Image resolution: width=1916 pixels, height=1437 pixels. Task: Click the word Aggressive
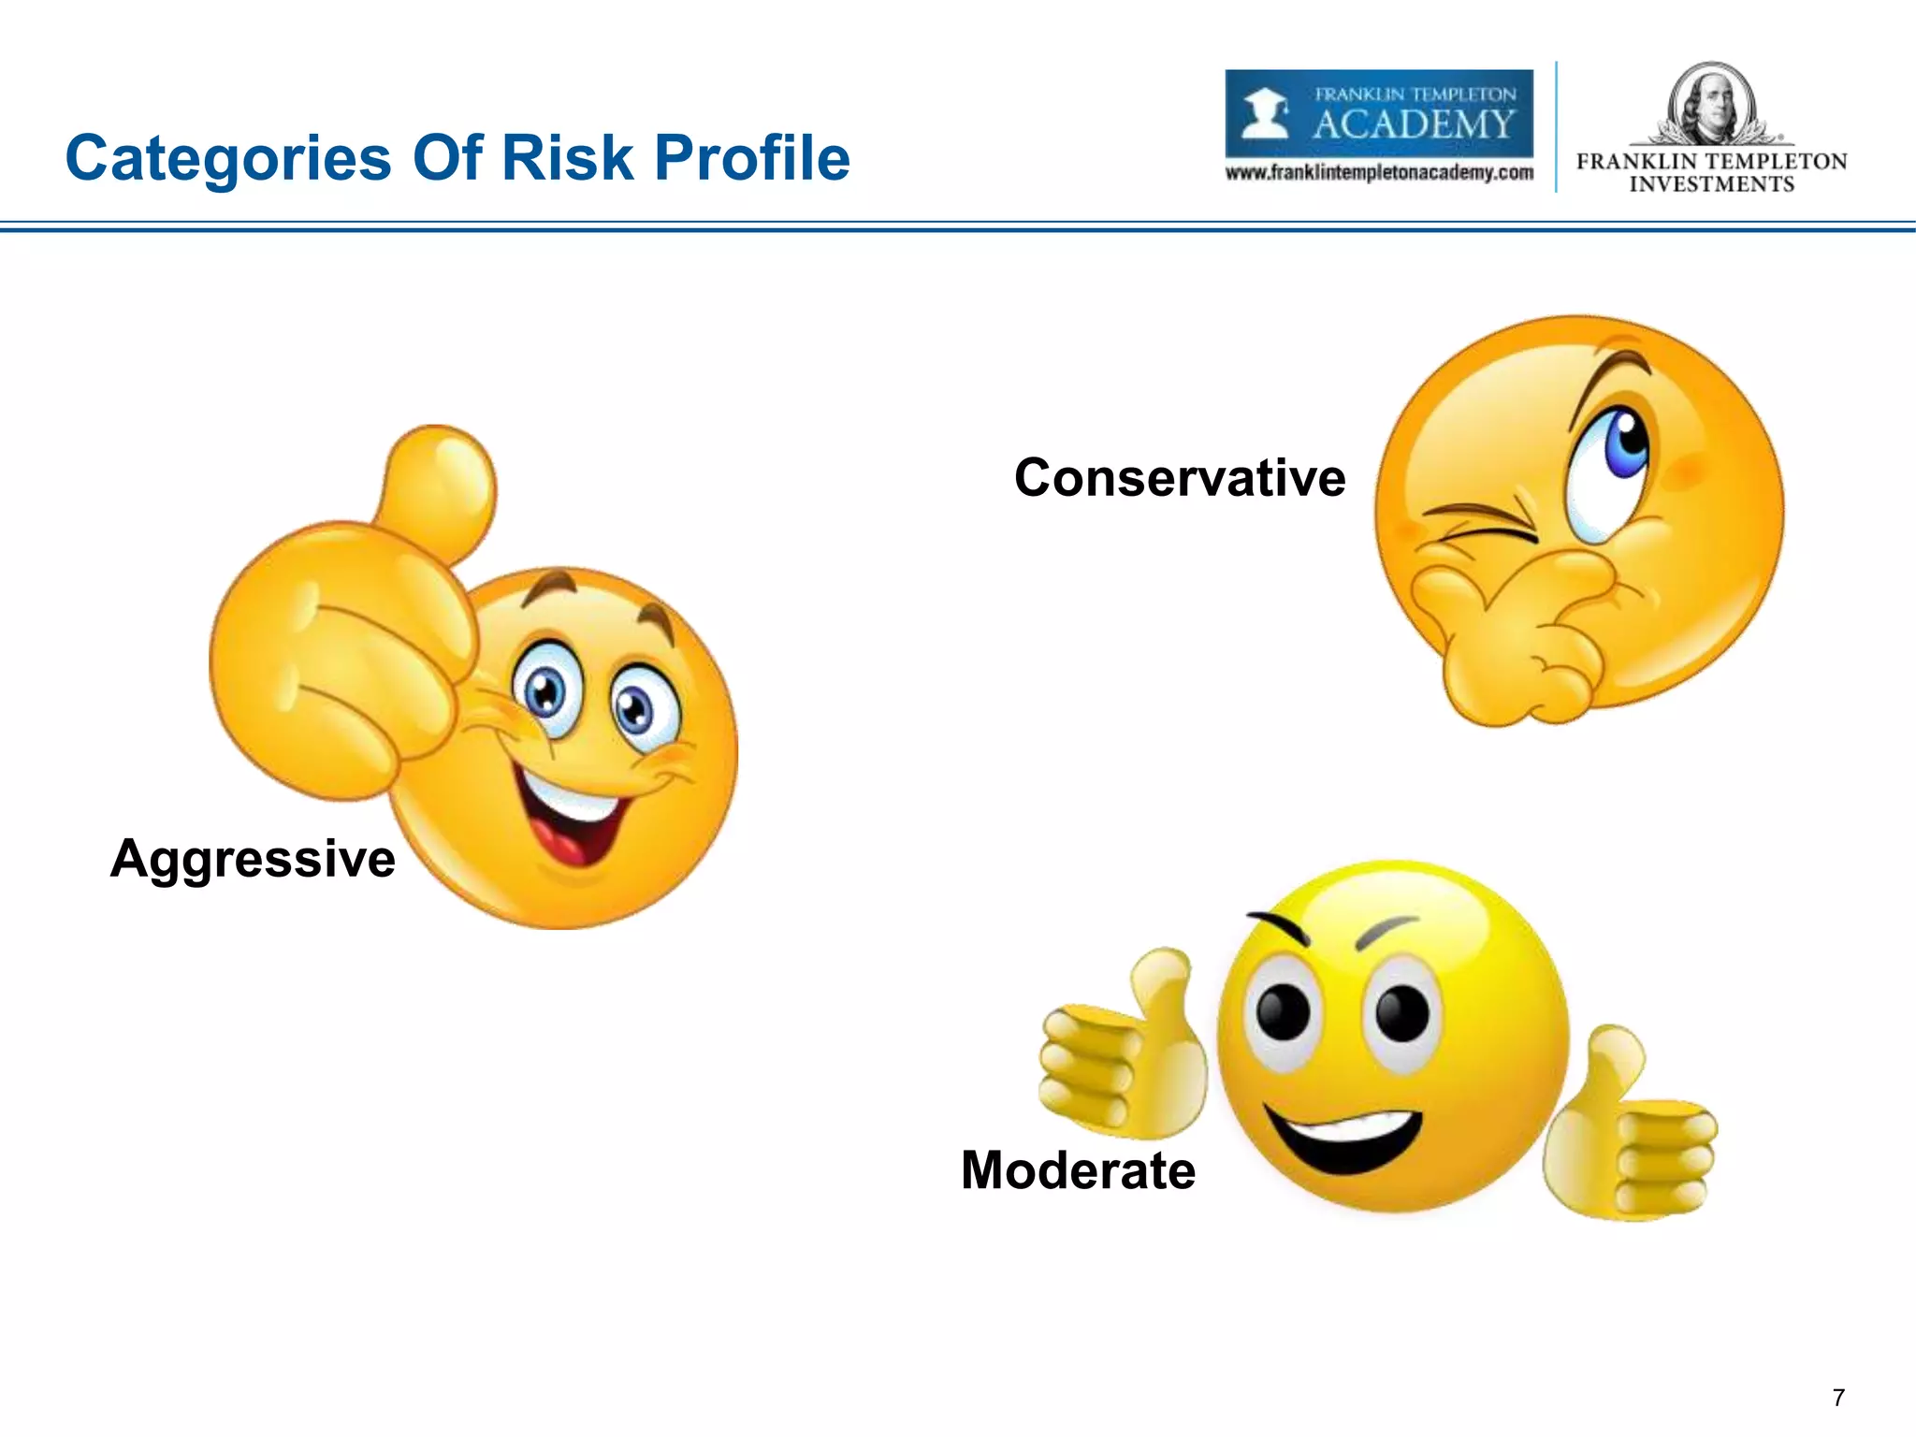pos(253,859)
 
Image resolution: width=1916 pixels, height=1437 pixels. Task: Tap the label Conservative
pos(1180,478)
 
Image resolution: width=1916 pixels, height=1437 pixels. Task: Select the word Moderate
pos(1078,1170)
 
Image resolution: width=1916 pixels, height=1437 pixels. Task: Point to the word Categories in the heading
pos(228,159)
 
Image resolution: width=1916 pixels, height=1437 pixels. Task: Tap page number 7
pos(1838,1398)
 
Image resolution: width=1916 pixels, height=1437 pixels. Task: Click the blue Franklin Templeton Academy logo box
pos(1379,113)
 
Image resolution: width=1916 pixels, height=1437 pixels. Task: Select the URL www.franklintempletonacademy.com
pos(1379,173)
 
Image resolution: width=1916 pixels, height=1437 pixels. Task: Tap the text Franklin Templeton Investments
pos(1711,173)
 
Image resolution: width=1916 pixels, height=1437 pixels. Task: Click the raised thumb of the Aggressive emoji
pos(440,486)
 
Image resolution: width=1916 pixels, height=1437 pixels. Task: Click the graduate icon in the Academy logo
pos(1264,114)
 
